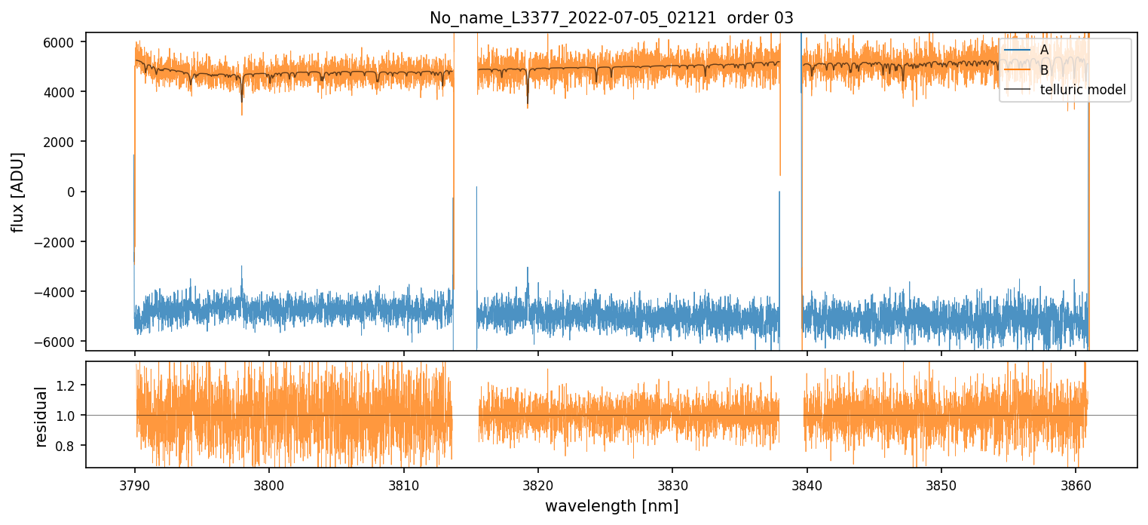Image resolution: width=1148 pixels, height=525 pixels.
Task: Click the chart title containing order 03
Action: (611, 18)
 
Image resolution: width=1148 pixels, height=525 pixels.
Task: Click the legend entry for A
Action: (1045, 50)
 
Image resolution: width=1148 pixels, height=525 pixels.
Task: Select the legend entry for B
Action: (1045, 70)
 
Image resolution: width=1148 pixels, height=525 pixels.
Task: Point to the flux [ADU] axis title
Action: (17, 192)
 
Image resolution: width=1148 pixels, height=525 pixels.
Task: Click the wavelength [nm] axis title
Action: (611, 505)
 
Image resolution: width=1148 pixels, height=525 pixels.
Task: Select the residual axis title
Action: (41, 416)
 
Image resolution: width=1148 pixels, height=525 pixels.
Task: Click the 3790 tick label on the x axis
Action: (135, 484)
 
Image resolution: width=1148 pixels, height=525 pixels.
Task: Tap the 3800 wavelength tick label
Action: (269, 484)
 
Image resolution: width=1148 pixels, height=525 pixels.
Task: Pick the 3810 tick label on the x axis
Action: (403, 484)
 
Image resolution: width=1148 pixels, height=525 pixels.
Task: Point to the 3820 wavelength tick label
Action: (538, 484)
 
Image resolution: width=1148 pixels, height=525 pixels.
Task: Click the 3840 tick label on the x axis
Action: (807, 484)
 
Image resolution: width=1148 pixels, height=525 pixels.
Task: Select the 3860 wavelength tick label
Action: (1076, 484)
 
